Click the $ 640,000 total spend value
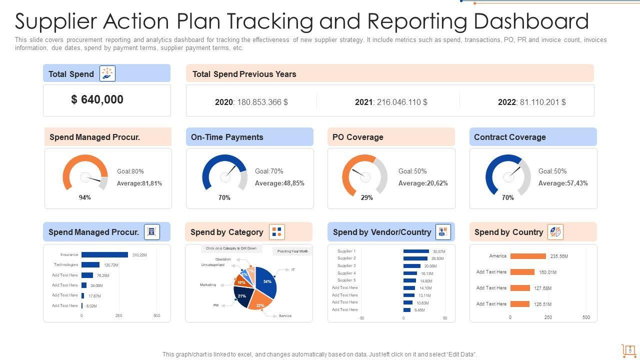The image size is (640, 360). click(x=97, y=99)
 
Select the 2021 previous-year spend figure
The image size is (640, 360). click(x=391, y=102)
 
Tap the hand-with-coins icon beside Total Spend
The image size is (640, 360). click(x=107, y=73)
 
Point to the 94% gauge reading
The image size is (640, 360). click(x=85, y=197)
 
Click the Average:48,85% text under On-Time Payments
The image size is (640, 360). click(x=279, y=183)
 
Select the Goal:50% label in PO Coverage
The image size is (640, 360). click(x=412, y=171)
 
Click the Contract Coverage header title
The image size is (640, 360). click(x=509, y=137)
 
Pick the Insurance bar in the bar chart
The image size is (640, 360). click(x=104, y=255)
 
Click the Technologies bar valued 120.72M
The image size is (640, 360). click(x=90, y=265)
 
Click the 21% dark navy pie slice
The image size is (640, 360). click(x=242, y=296)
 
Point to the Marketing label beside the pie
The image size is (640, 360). click(x=208, y=285)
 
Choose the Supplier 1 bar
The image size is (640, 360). click(x=416, y=251)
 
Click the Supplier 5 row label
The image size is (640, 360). click(x=346, y=280)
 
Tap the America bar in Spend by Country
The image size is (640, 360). click(x=528, y=256)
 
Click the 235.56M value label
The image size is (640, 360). click(x=559, y=256)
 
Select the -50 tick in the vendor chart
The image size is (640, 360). click(x=361, y=318)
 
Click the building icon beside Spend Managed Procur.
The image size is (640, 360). click(x=152, y=232)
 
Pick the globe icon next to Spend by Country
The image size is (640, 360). click(x=555, y=232)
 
